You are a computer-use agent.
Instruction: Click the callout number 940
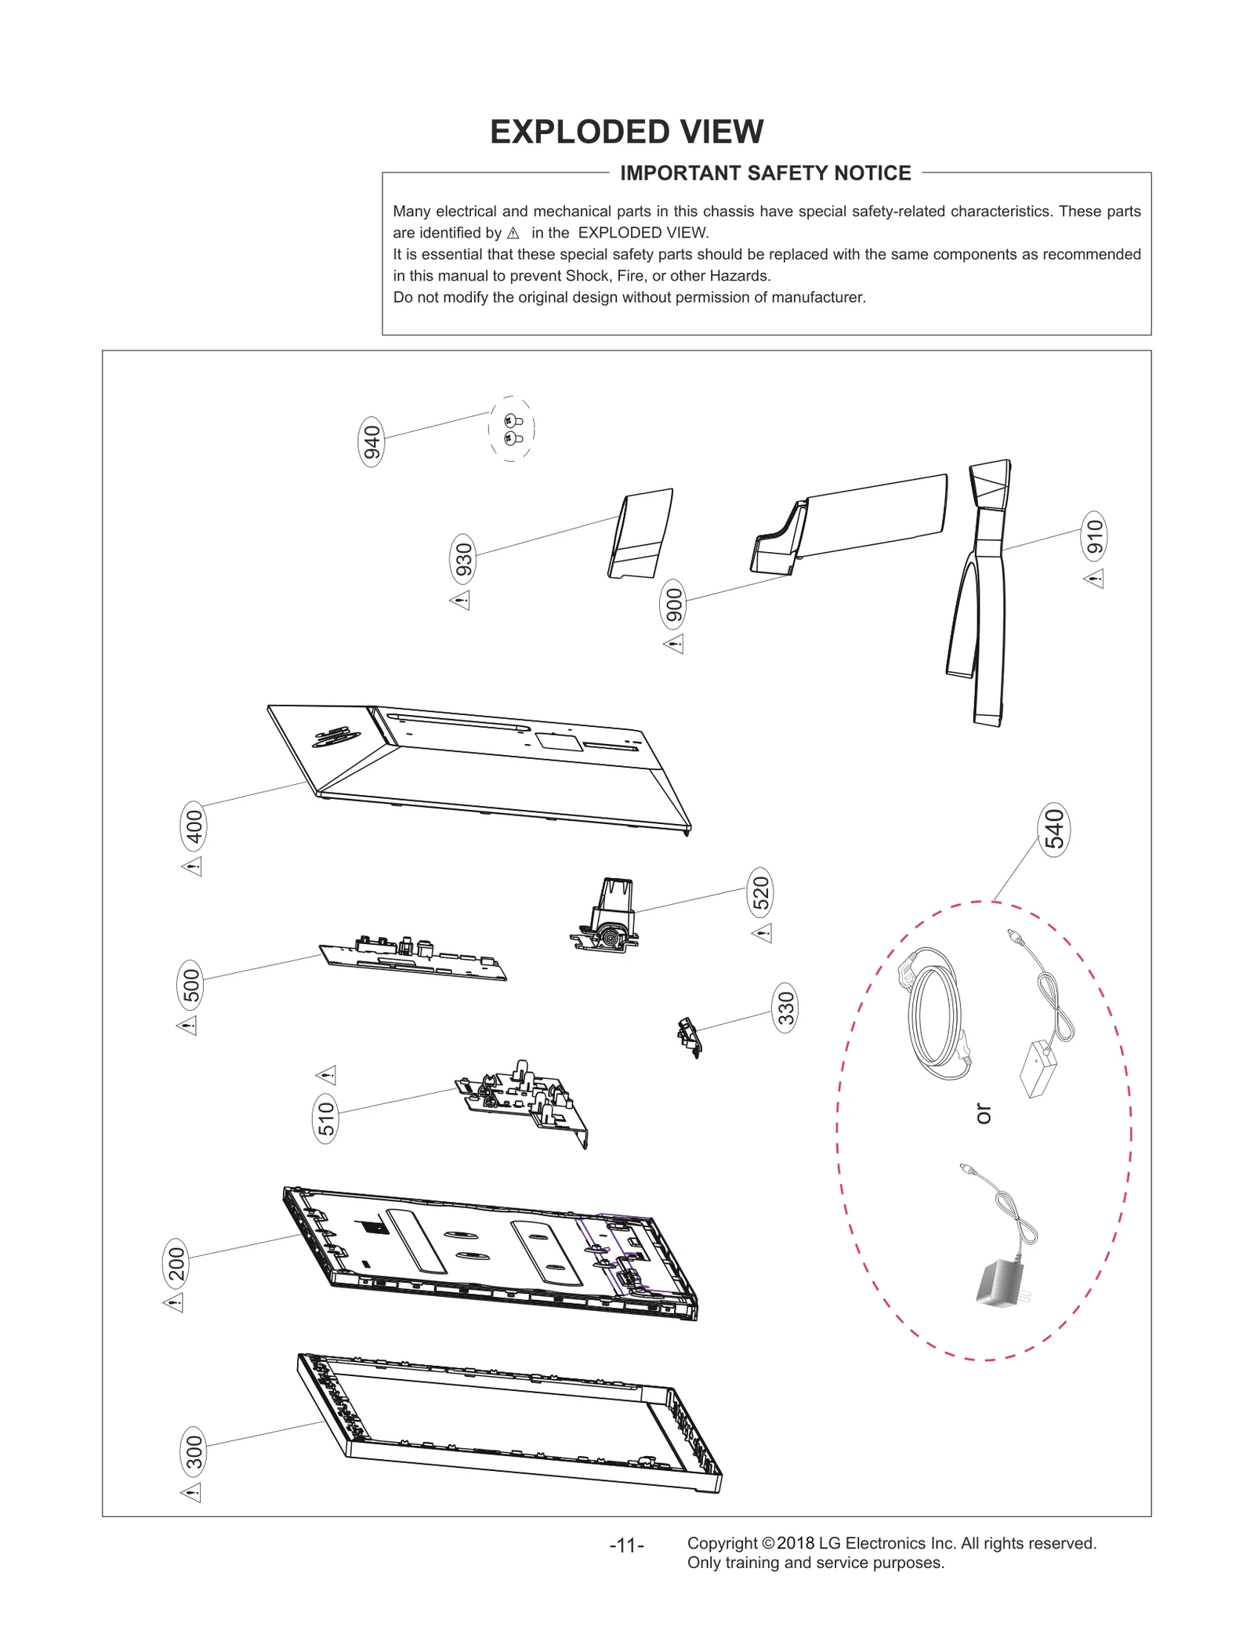371,441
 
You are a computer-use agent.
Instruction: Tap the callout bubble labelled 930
464,560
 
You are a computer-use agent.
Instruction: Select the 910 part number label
1094,536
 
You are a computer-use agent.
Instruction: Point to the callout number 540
1054,829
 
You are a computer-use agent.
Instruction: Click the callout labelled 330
785,1008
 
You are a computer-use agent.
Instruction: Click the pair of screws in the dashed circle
513,429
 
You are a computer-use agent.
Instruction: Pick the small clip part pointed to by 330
688,1037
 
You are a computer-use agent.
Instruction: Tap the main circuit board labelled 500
413,959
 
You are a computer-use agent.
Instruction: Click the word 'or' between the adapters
983,1113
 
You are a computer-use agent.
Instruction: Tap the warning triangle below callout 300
191,1492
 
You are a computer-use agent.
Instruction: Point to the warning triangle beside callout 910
1094,579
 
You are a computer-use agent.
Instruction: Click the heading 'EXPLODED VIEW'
626,132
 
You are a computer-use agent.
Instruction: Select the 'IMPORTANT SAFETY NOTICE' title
765,173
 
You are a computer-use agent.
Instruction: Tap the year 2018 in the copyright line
795,1543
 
